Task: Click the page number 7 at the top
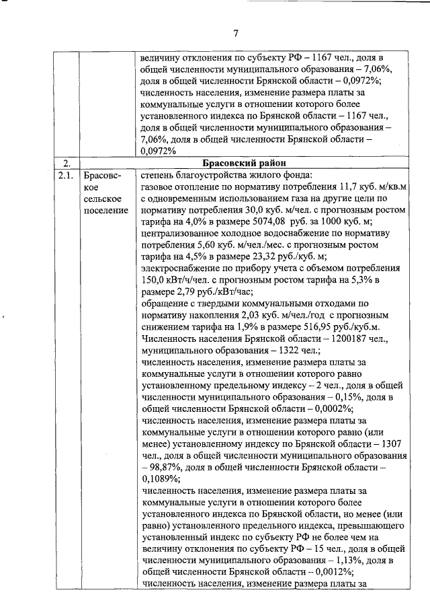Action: (236, 34)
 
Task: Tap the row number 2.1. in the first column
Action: (64, 176)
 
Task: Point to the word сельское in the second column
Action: (102, 200)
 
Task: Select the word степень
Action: (161, 176)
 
